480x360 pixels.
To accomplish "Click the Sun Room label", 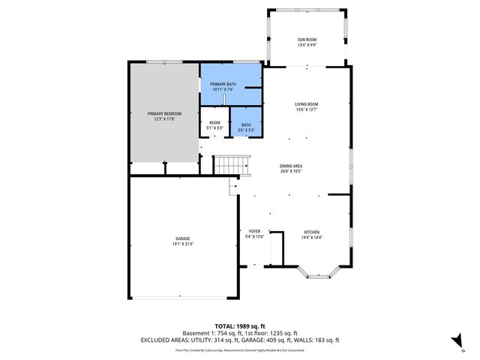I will click(x=306, y=41).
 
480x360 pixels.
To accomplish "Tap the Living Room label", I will click(x=306, y=104).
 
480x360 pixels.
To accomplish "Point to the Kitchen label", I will click(x=312, y=232).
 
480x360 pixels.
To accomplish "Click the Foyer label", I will click(x=254, y=232).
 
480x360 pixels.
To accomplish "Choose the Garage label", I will click(x=183, y=238).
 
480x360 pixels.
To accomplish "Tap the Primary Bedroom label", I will click(x=163, y=113).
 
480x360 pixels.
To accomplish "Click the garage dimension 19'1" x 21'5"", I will click(x=183, y=244).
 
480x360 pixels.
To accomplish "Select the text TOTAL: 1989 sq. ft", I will click(x=239, y=326).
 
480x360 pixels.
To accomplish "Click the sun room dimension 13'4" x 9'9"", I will click(x=306, y=46).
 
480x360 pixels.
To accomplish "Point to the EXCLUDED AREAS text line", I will click(x=239, y=340).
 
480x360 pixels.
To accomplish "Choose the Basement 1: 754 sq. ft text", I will click(x=213, y=333).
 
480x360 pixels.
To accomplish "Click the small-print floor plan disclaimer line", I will click(x=239, y=349).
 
